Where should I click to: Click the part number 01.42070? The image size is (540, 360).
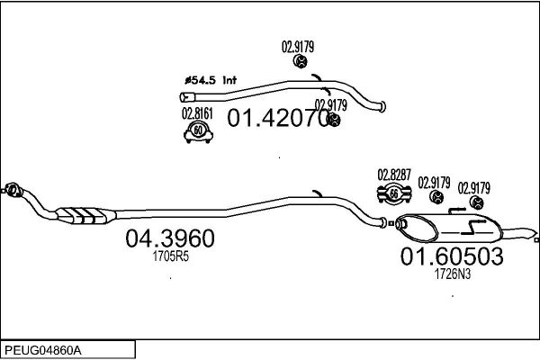278,118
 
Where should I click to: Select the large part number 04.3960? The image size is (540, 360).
170,238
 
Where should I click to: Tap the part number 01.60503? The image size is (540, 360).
452,256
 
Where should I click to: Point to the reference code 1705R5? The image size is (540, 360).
171,256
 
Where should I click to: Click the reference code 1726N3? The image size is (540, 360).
453,274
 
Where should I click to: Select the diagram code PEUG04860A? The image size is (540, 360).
43,351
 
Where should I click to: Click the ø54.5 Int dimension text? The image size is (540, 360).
211,80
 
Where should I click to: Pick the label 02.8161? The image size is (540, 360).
197,113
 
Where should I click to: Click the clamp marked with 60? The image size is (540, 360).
198,132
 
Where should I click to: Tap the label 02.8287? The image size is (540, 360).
394,175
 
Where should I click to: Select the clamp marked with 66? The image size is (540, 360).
394,194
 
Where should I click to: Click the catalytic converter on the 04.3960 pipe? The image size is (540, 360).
86,215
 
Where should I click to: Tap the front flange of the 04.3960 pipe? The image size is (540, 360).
13,190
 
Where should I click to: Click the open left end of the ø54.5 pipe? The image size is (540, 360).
184,97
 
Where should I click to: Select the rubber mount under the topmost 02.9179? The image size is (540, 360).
301,61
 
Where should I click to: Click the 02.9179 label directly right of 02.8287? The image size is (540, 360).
434,183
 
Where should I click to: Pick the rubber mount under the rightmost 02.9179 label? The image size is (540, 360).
477,202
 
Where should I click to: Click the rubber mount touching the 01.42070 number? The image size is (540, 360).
333,120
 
